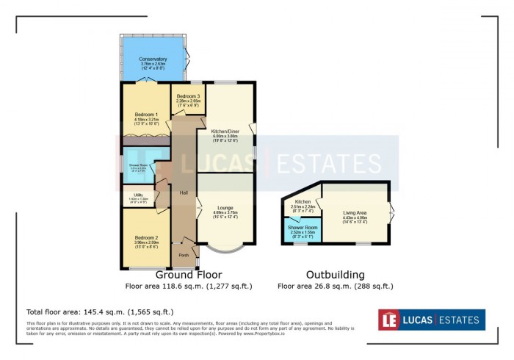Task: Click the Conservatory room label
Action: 154,60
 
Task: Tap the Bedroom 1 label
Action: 147,114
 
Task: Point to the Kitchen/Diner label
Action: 226,131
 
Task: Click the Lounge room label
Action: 226,209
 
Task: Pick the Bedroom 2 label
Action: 147,237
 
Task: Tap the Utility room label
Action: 138,195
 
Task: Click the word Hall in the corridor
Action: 184,192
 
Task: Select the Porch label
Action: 184,255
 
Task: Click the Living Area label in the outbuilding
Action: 355,213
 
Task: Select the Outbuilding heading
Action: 335,275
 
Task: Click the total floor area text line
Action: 100,312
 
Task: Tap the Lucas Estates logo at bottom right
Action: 431,320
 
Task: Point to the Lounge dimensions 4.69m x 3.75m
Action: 226,214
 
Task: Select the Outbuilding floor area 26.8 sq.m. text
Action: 335,287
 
